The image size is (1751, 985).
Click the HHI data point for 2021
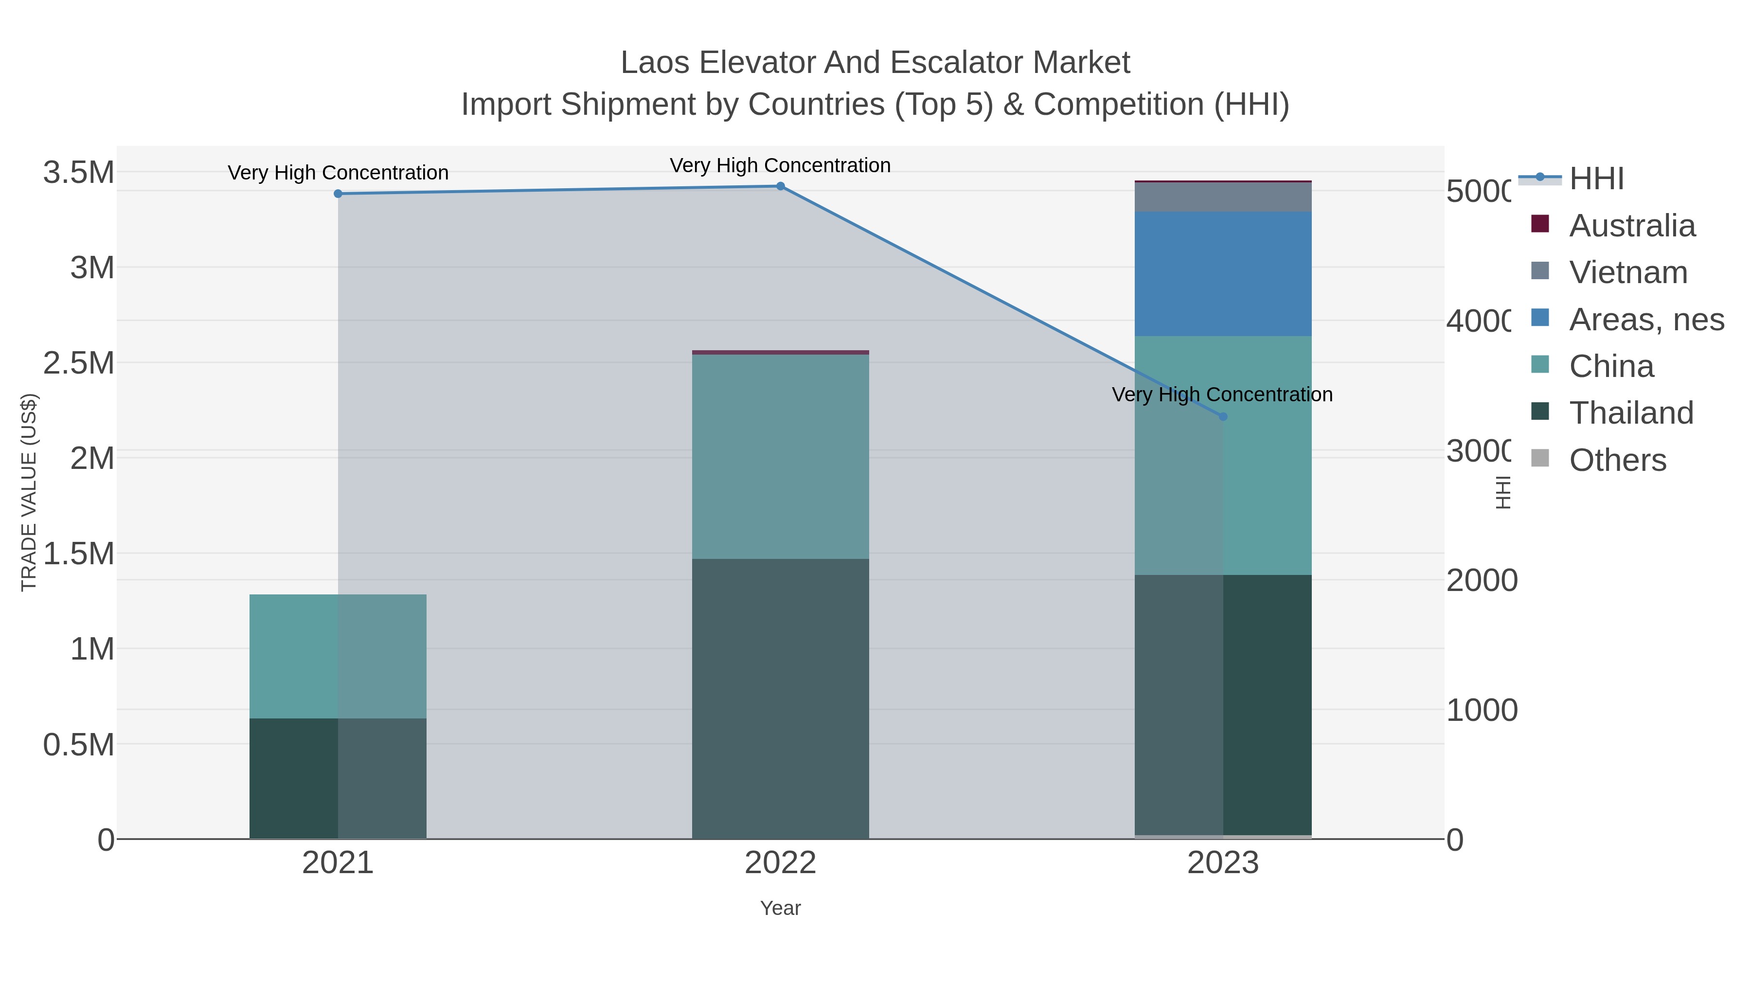(x=338, y=194)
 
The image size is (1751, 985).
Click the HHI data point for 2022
(x=780, y=186)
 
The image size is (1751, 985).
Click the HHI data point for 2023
(x=1223, y=417)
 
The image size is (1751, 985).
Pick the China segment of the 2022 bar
(x=780, y=457)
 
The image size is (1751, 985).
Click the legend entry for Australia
(x=1631, y=226)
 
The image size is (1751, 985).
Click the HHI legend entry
(x=1595, y=179)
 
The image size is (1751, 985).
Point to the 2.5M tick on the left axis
(x=79, y=363)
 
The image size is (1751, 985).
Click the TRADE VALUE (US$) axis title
(x=29, y=492)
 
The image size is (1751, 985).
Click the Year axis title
(x=780, y=908)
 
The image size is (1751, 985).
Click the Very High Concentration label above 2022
(x=780, y=165)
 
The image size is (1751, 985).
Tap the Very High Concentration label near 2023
(x=1222, y=394)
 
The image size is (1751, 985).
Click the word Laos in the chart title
(x=656, y=63)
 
